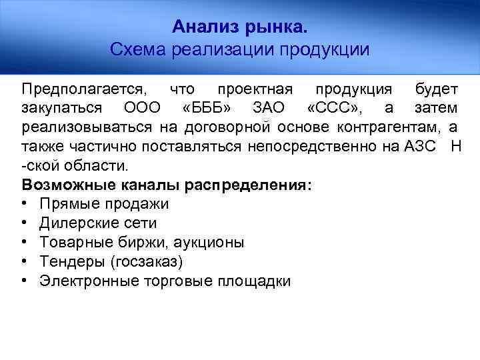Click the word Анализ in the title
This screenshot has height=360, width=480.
(x=201, y=27)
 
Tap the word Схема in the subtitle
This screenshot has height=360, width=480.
(x=138, y=49)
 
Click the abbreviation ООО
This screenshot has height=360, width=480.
(x=141, y=108)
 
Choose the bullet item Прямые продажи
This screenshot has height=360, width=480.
(x=104, y=204)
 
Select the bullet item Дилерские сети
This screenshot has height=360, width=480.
(x=98, y=223)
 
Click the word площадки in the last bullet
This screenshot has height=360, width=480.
(x=253, y=281)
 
